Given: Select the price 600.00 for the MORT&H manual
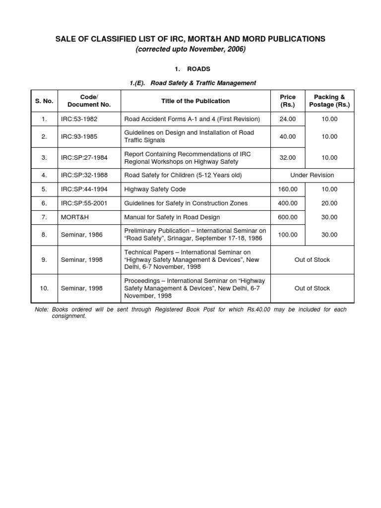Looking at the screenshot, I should [288, 217].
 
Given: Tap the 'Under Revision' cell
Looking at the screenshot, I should [312, 175].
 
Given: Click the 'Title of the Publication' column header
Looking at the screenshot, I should [195, 101].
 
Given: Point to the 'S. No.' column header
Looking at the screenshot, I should [44, 101].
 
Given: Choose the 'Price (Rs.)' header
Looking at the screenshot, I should [288, 101].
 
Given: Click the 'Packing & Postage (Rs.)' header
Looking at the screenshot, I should [329, 101].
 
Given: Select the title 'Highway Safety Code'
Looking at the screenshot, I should [153, 189].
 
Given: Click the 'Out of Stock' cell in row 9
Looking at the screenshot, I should [312, 259].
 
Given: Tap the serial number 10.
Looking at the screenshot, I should [44, 288].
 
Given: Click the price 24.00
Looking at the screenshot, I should [288, 119].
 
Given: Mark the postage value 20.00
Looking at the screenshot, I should [329, 203].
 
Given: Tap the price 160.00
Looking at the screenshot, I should [288, 189].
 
